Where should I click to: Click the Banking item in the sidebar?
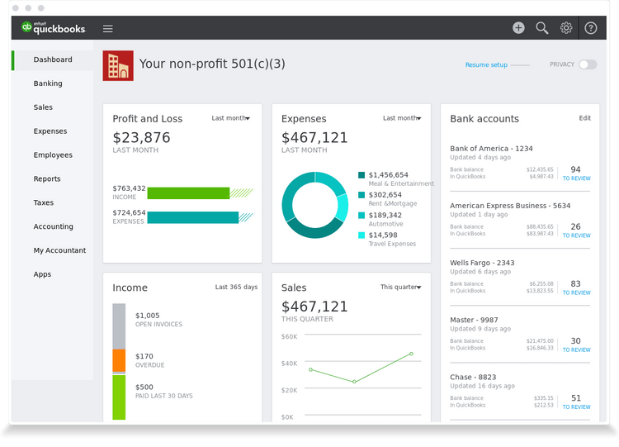click(x=48, y=83)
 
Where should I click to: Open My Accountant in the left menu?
click(x=59, y=250)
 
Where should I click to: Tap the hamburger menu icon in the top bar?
click(x=108, y=28)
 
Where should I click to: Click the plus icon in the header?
click(x=518, y=27)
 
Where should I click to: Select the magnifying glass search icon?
click(x=542, y=27)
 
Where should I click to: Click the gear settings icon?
click(x=566, y=27)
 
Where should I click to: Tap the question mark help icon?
click(x=591, y=27)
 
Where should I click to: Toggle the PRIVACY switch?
click(x=588, y=64)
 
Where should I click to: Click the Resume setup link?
click(x=486, y=64)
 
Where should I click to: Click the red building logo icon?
click(x=118, y=65)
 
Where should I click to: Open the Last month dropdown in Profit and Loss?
click(x=230, y=118)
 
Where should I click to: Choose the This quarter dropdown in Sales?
click(x=400, y=288)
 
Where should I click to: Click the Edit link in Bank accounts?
click(x=584, y=118)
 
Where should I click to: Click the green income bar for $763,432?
click(x=188, y=193)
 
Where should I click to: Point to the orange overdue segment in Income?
click(x=119, y=360)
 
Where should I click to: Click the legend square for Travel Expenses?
click(x=361, y=235)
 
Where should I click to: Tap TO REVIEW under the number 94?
click(x=576, y=178)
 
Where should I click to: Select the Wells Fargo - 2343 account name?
click(x=482, y=263)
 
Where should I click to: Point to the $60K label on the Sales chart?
click(x=289, y=336)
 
